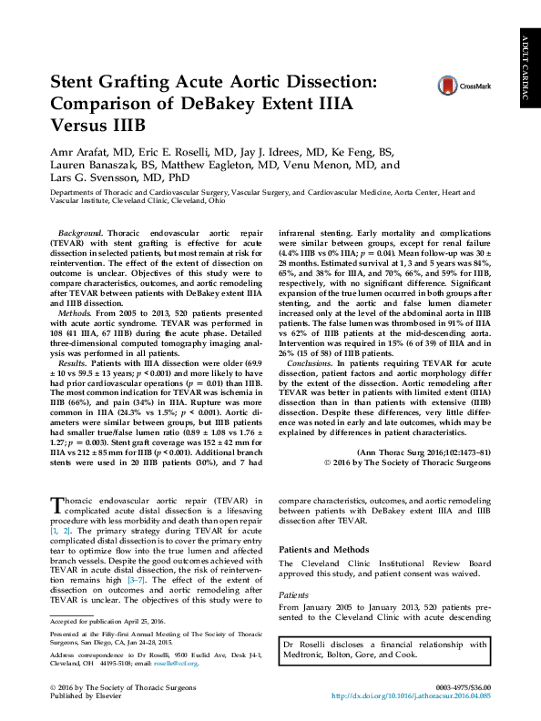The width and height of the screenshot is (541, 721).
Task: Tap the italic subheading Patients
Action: point(293,593)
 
